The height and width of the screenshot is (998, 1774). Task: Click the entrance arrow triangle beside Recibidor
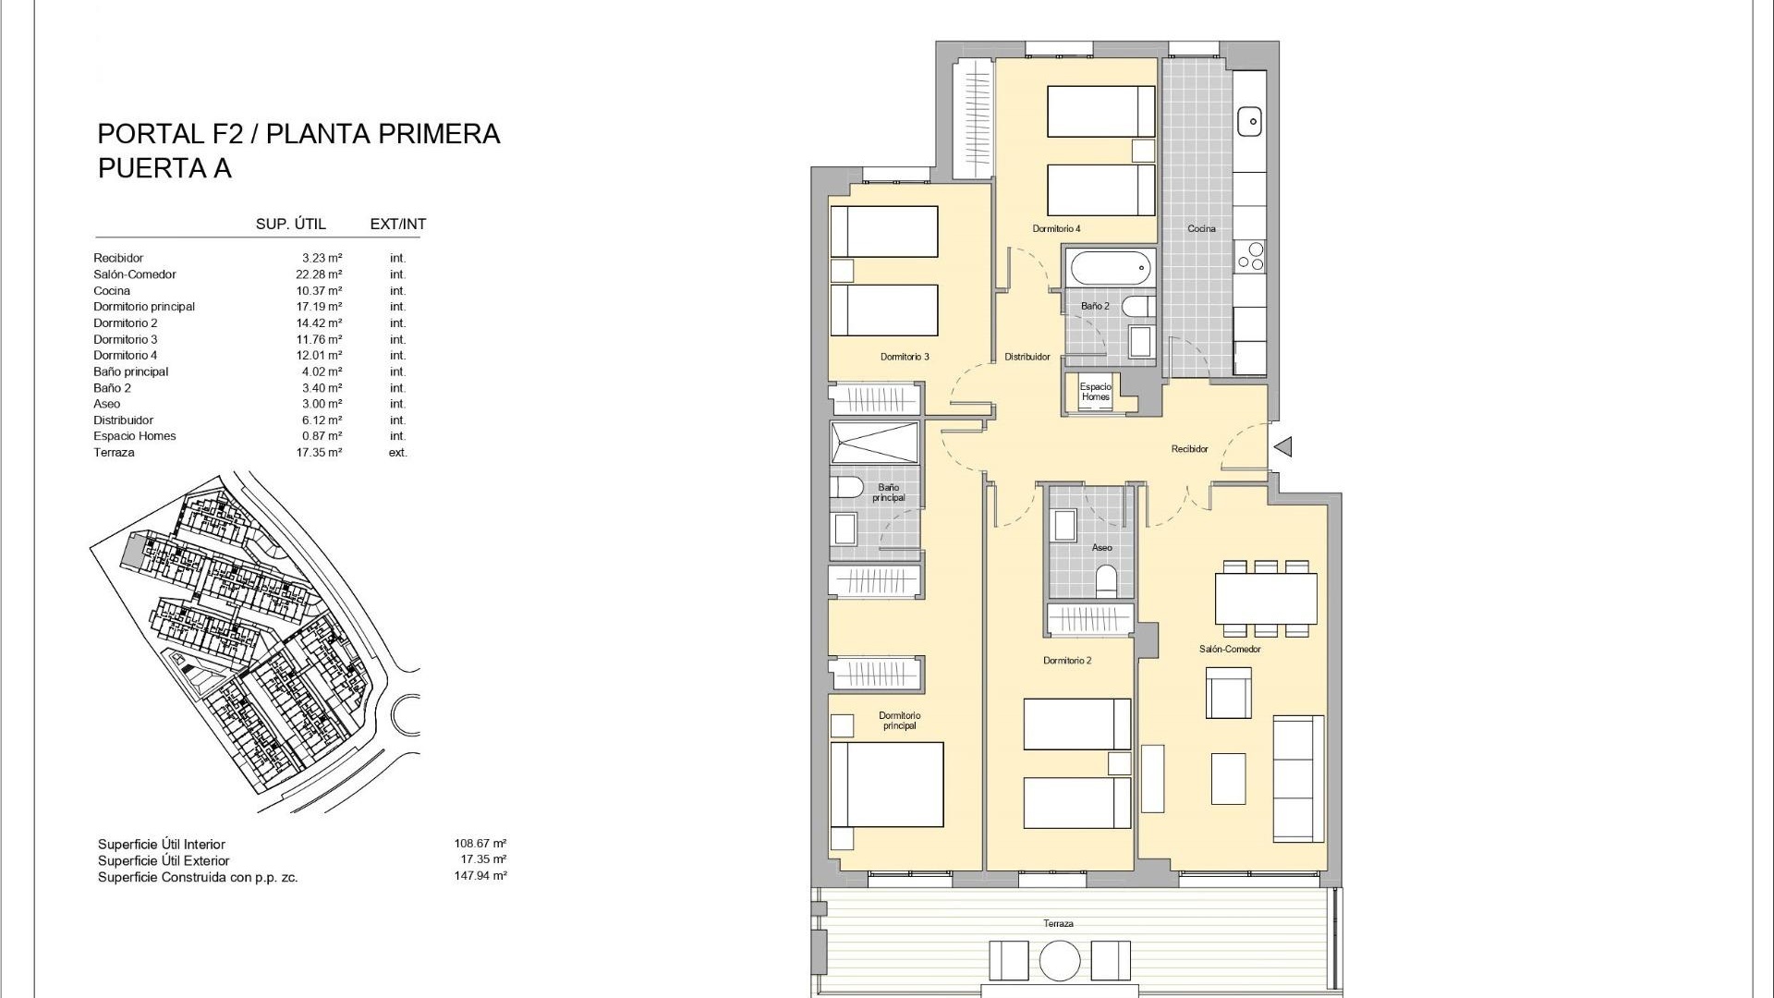coord(1283,447)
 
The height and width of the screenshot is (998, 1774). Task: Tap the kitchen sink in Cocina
coord(1249,121)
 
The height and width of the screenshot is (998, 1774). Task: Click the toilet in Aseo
coord(1106,580)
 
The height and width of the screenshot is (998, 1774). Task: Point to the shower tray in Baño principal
coord(874,443)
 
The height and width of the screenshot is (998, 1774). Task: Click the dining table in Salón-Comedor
coord(1266,599)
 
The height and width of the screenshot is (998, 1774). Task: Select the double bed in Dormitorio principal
coord(887,785)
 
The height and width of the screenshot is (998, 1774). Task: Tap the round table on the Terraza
coord(1060,961)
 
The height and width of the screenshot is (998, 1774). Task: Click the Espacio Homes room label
coord(1096,392)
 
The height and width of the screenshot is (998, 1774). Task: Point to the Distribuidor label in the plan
coord(1027,357)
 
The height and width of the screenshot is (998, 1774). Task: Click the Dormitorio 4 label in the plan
coord(1056,228)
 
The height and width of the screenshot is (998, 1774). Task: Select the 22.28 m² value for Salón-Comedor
coord(322,274)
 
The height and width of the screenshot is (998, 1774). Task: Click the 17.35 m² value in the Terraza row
coord(322,453)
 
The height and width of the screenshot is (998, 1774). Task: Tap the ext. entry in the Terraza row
coord(397,453)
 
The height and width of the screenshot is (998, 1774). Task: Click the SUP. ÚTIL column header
coord(291,225)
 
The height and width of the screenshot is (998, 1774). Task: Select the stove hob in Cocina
coord(1250,256)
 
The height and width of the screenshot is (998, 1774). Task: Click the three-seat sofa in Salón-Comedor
coord(1298,778)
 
